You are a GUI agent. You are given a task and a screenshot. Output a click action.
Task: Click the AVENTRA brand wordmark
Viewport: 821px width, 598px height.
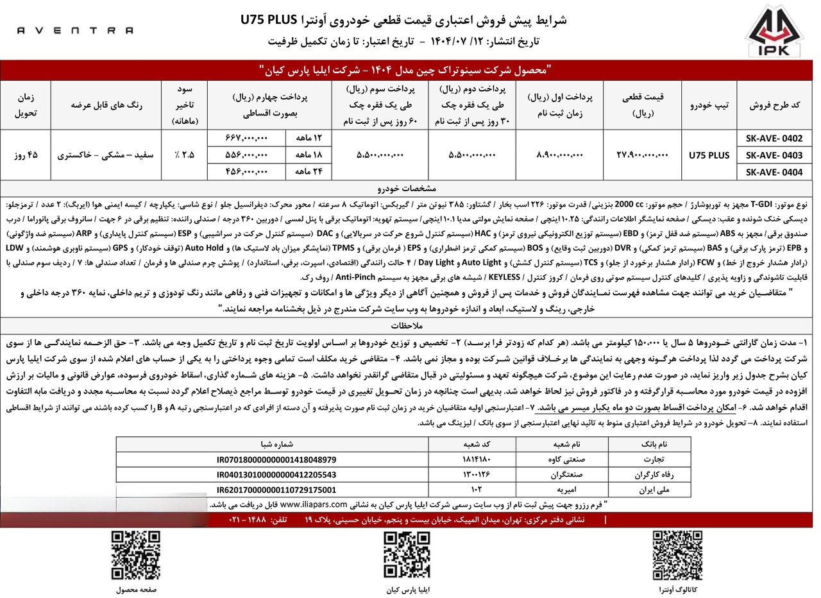point(75,30)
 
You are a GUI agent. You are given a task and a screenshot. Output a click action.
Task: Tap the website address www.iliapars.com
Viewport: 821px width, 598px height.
point(314,504)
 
